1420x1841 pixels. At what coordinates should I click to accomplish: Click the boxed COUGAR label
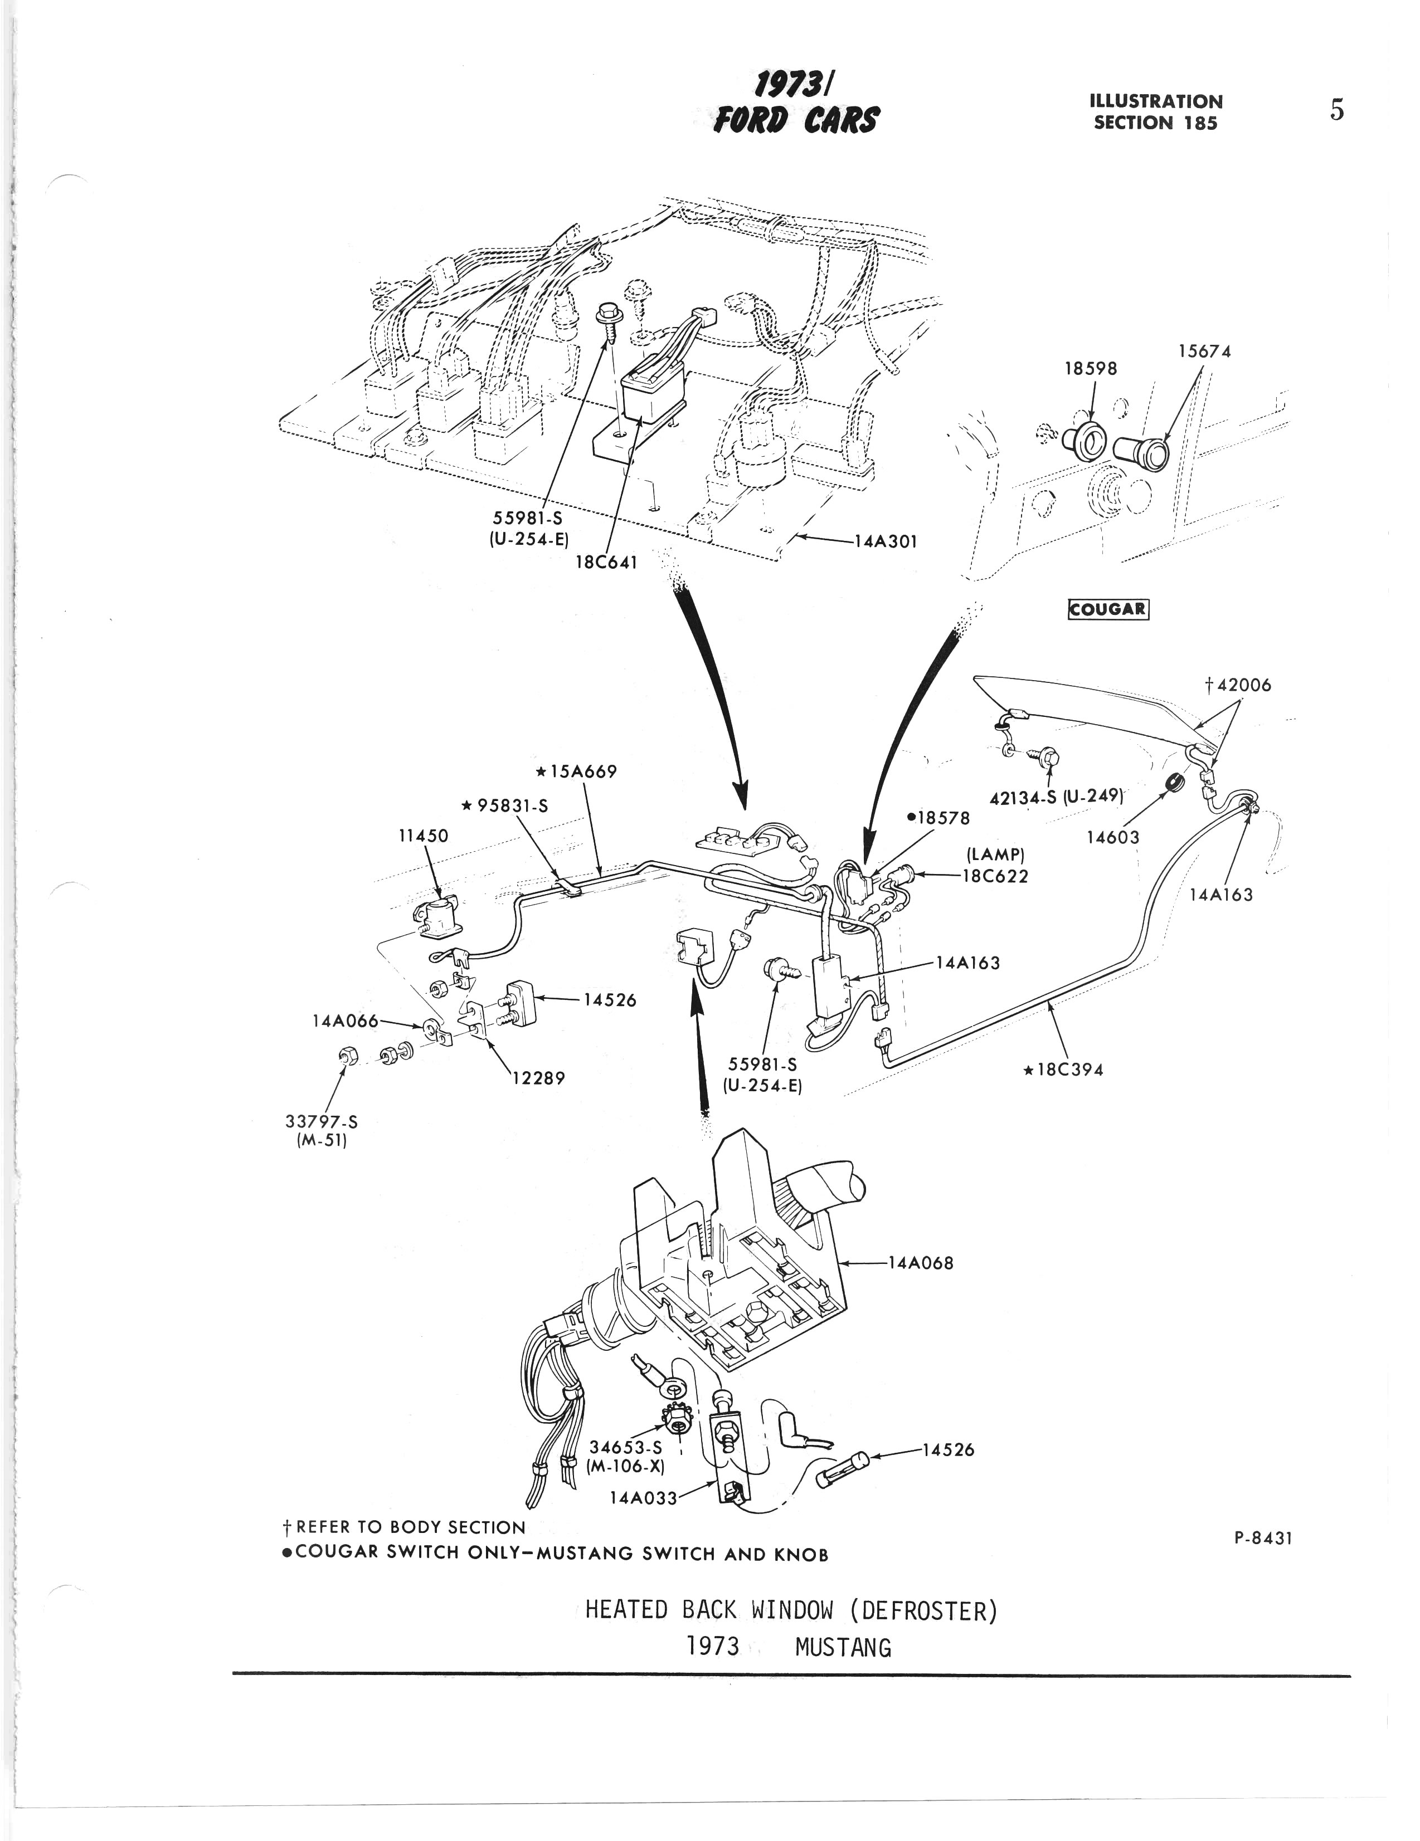[x=1108, y=609]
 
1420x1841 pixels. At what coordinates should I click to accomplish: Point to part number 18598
[x=1090, y=368]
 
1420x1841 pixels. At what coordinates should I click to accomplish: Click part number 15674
[x=1204, y=351]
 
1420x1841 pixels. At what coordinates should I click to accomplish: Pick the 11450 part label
[x=424, y=836]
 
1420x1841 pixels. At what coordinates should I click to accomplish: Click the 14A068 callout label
[x=920, y=1263]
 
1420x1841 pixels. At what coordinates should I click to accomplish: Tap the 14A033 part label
[x=643, y=1498]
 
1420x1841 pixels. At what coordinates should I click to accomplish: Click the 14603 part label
[x=1112, y=837]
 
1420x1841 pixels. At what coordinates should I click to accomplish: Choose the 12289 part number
[x=538, y=1077]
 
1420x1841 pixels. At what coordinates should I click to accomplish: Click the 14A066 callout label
[x=345, y=1022]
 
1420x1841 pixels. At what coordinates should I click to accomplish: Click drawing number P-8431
[x=1262, y=1537]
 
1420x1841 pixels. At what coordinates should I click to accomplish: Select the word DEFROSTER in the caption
[x=923, y=1611]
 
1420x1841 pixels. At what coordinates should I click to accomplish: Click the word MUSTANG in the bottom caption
[x=843, y=1647]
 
